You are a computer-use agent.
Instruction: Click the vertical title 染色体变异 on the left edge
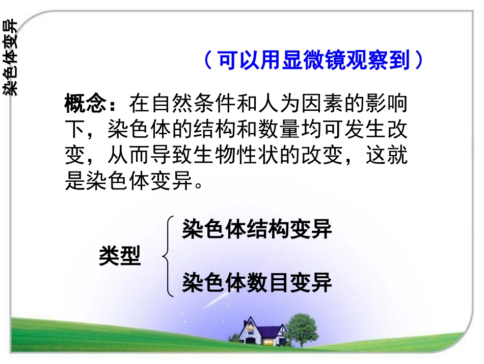coord(10,58)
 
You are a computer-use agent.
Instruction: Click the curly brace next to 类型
coord(168,256)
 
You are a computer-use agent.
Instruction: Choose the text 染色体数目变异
coord(257,282)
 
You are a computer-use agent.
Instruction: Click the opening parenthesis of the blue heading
coord(208,61)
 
